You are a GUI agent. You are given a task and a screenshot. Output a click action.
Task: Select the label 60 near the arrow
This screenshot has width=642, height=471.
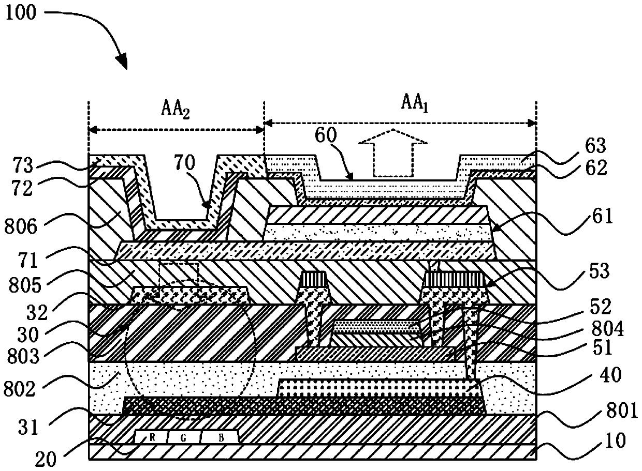pyautogui.click(x=325, y=135)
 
